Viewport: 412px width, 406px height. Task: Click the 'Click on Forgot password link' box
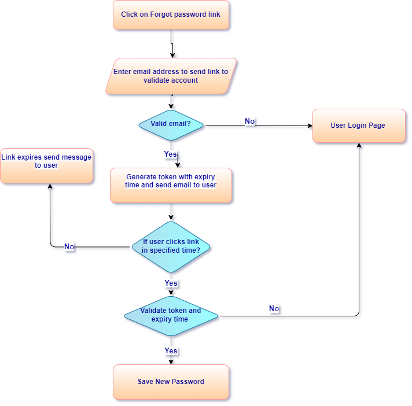coord(171,14)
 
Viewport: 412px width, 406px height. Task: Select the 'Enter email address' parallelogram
coord(171,76)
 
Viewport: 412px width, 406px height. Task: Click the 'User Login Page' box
coord(358,126)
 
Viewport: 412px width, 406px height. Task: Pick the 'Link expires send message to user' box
coord(46,165)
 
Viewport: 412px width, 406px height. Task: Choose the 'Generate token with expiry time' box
coord(171,185)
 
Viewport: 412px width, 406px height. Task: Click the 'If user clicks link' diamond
coord(171,246)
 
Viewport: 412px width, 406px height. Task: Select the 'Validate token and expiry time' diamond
coord(171,315)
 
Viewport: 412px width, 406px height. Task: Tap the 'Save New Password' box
coord(171,382)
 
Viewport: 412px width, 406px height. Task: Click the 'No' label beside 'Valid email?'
coord(250,121)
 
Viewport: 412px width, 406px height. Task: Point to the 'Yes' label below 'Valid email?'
coord(171,154)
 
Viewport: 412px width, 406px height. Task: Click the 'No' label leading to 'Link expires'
coord(69,247)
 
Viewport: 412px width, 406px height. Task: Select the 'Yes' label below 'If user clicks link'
coord(171,283)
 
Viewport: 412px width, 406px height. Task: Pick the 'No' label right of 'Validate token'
coord(274,309)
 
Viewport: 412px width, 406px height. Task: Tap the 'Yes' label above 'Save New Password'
coord(171,351)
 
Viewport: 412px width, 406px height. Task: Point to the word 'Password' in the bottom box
coord(189,382)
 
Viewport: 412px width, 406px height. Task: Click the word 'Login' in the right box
coord(358,126)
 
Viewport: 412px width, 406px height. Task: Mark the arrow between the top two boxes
coord(172,43)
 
